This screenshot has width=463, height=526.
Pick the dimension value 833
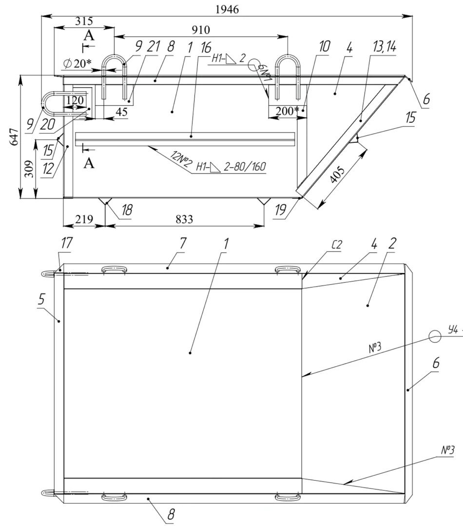click(183, 220)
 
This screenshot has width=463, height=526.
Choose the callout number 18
click(128, 210)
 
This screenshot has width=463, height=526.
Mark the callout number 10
click(324, 47)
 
